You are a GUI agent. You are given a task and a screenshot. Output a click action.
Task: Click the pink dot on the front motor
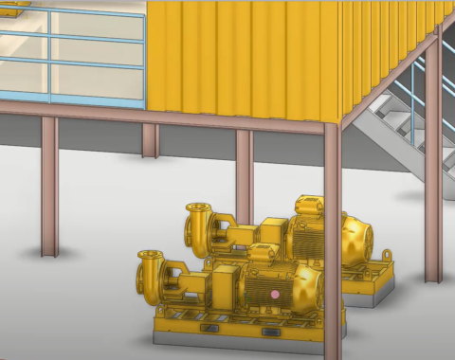(275, 295)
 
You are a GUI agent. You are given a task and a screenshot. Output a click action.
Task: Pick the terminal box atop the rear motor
(310, 205)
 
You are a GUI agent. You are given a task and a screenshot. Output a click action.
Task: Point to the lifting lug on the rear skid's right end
(387, 255)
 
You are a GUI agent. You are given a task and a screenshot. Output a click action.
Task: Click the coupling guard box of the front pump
(226, 283)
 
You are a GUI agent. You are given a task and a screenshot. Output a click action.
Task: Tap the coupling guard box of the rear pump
(273, 230)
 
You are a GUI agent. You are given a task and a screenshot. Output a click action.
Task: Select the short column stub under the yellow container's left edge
(150, 140)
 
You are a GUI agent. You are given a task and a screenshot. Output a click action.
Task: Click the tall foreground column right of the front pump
(332, 237)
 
